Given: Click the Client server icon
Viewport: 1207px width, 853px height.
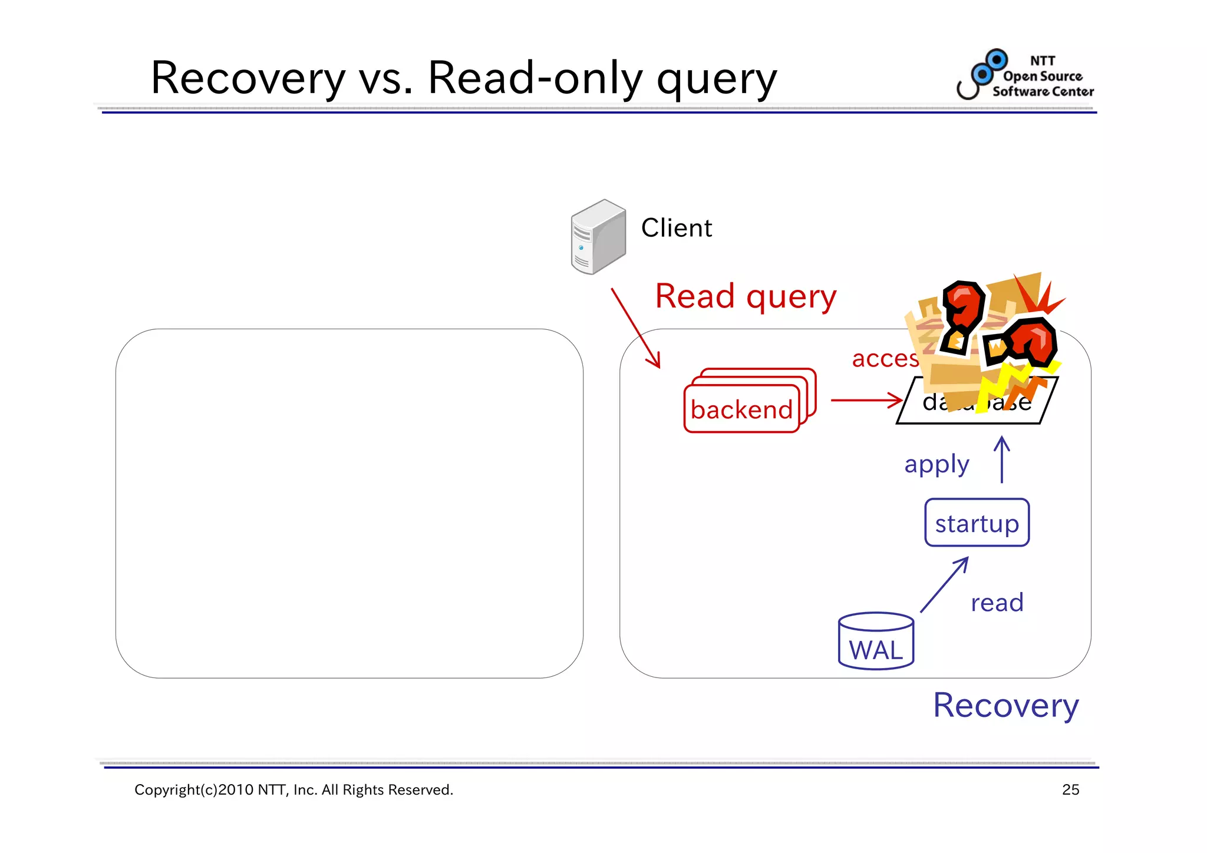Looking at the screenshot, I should pyautogui.click(x=598, y=237).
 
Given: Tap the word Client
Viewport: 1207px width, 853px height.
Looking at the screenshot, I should pyautogui.click(x=676, y=228).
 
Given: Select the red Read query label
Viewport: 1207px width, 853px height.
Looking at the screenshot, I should pyautogui.click(x=746, y=296).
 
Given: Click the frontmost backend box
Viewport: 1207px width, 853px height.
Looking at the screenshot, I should pyautogui.click(x=741, y=409).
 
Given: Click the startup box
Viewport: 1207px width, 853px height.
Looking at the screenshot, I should pyautogui.click(x=977, y=523).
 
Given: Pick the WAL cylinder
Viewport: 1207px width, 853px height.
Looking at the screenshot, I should pyautogui.click(x=876, y=642).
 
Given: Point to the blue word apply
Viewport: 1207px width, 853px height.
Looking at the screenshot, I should pyautogui.click(x=936, y=465).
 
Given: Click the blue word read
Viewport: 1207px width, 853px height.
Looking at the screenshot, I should pyautogui.click(x=997, y=603).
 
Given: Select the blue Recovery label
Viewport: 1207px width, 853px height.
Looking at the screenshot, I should pyautogui.click(x=1005, y=705).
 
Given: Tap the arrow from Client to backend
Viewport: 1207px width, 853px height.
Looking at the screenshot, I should pyautogui.click(x=635, y=327).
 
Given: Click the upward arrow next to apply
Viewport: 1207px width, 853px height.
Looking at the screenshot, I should pyautogui.click(x=1001, y=459).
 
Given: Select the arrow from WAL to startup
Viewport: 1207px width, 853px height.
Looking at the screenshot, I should pyautogui.click(x=944, y=586).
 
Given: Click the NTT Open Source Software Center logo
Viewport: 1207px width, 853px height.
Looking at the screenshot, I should pyautogui.click(x=1025, y=75).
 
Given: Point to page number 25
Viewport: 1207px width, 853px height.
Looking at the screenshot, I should pyautogui.click(x=1070, y=790).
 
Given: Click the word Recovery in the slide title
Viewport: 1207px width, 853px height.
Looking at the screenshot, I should pyautogui.click(x=248, y=78).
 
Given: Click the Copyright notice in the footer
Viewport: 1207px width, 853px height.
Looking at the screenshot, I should pyautogui.click(x=293, y=790).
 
